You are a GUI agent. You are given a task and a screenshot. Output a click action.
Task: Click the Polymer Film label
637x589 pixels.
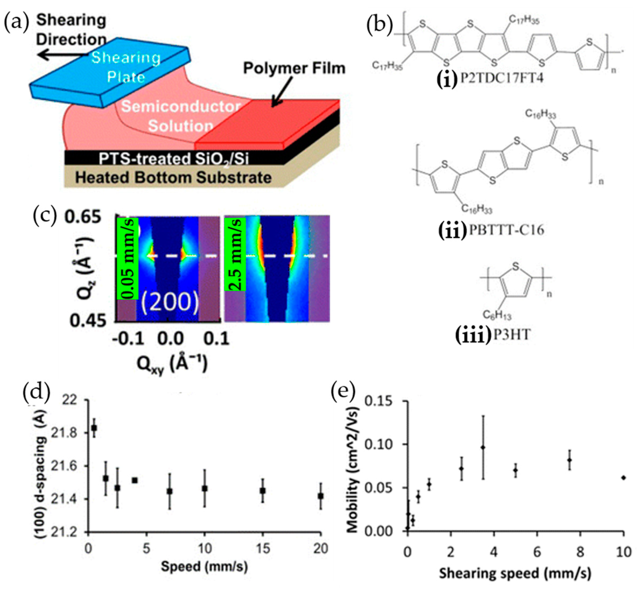click(x=294, y=69)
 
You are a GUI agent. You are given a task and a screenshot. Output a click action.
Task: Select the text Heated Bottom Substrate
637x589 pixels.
click(x=173, y=177)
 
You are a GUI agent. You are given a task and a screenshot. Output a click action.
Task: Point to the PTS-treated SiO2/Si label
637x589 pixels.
click(x=173, y=158)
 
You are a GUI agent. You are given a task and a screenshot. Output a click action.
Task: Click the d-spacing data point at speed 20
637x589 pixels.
click(x=321, y=496)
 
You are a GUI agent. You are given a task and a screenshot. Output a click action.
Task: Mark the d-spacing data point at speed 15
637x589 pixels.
click(x=263, y=490)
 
